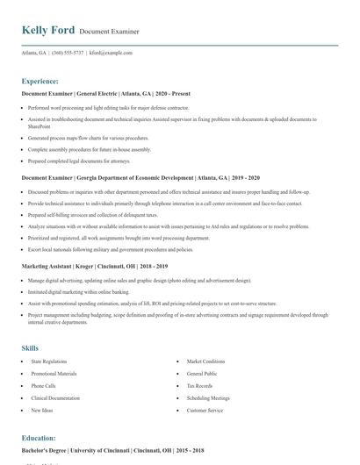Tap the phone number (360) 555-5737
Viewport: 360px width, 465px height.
tap(68, 53)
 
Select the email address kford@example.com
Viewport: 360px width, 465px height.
tap(112, 53)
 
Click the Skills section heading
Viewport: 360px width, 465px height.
tap(31, 348)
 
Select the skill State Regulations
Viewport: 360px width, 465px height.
tap(49, 361)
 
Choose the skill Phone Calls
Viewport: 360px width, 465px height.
tap(44, 385)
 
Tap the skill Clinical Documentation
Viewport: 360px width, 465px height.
tap(55, 397)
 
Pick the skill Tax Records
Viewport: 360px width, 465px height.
tap(198, 385)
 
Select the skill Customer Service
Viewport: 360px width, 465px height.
tap(205, 410)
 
